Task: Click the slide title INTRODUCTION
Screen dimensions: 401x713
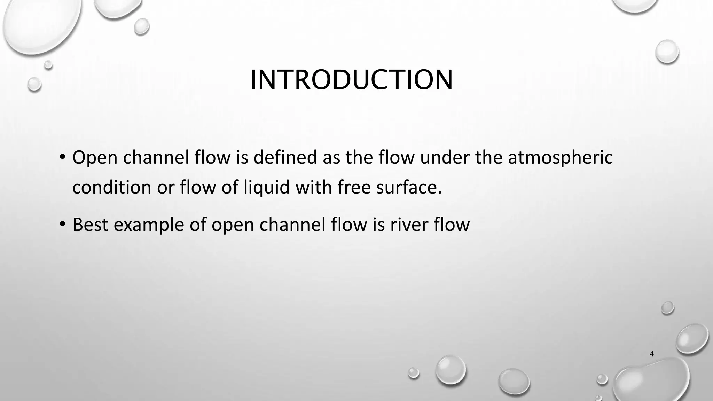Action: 351,80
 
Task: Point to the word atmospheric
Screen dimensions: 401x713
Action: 560,158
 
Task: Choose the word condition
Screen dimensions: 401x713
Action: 112,187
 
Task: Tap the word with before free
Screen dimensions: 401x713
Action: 313,187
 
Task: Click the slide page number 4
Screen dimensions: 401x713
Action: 652,354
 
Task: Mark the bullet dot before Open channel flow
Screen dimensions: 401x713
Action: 62,157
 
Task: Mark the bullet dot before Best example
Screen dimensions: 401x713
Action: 62,224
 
